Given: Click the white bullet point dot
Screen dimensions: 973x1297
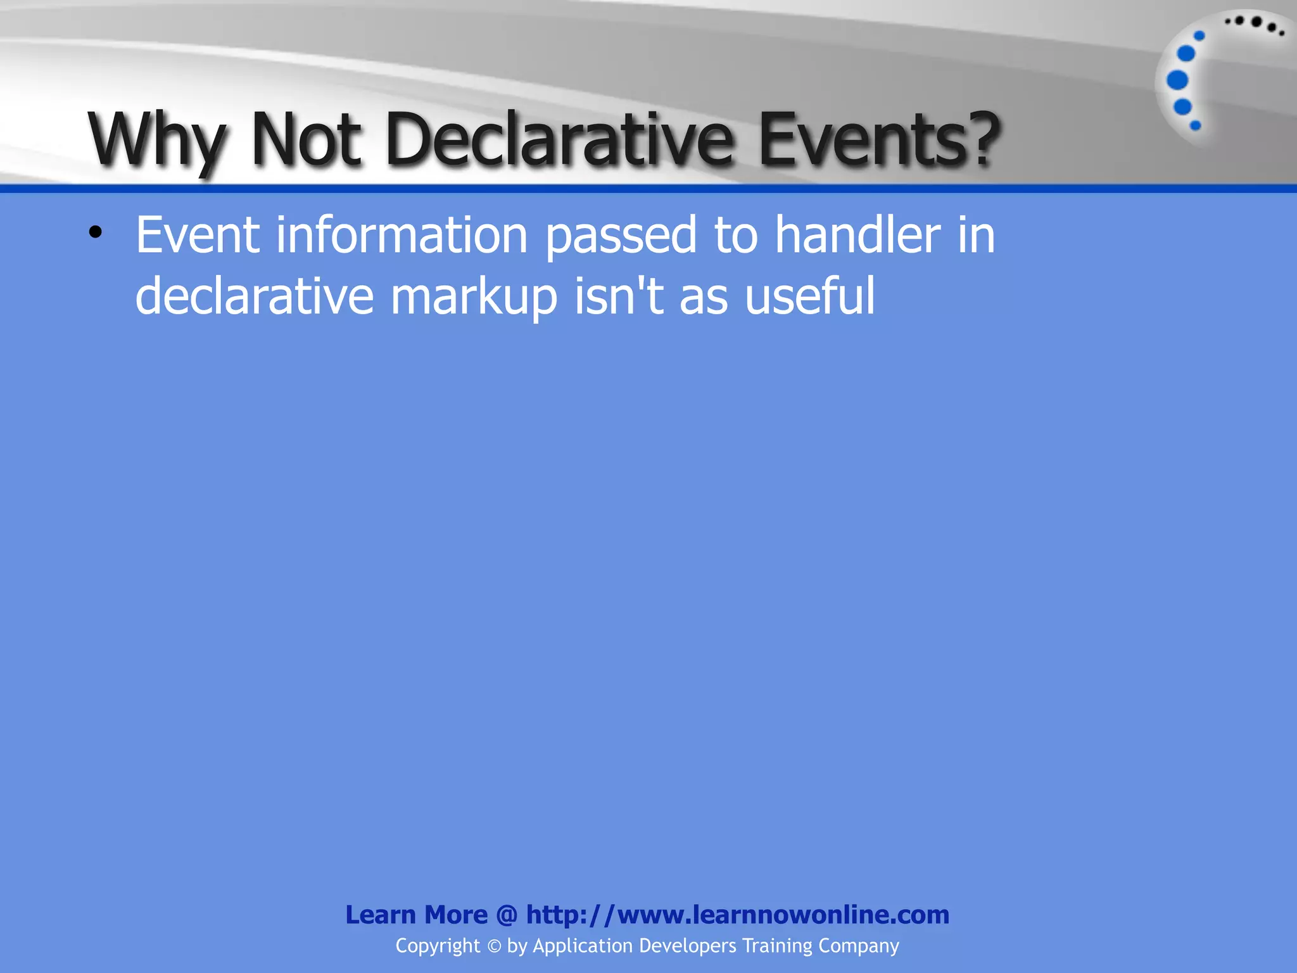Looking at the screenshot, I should click(96, 233).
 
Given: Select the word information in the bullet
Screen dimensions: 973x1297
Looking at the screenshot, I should click(402, 235).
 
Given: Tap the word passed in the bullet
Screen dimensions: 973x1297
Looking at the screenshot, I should click(621, 235).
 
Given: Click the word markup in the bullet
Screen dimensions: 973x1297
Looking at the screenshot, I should click(474, 296).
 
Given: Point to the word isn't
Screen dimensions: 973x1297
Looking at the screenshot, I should click(619, 296).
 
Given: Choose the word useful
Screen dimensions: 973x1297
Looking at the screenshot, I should click(810, 296).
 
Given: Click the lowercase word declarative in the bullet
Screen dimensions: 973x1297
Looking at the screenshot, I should click(255, 296).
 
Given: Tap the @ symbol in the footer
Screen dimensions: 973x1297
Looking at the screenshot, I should click(507, 915).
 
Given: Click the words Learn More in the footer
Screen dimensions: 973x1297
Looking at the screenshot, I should click(416, 915).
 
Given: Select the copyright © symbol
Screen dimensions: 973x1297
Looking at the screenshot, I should click(494, 946).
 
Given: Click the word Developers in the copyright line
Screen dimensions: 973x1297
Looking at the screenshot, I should click(687, 946).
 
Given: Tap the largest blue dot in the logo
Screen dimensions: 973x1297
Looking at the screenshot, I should click(1177, 80).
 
